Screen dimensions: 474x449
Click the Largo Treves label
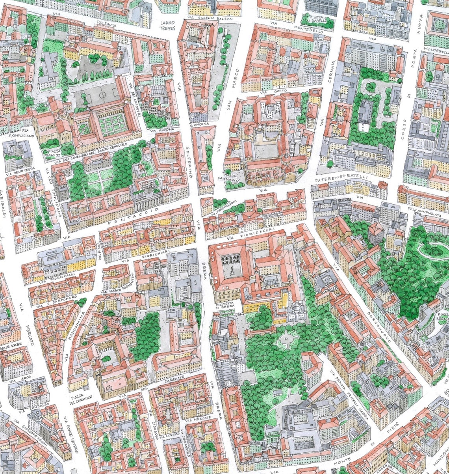pyautogui.click(x=168, y=25)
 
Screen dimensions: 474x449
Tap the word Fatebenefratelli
pyautogui.click(x=341, y=178)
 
